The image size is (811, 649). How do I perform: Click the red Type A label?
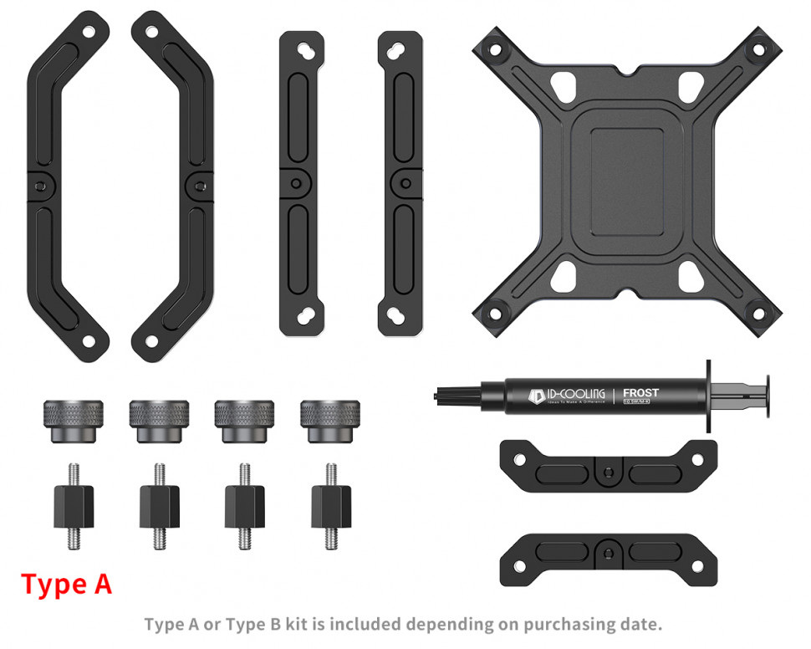pos(66,584)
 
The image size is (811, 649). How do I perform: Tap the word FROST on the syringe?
pos(640,392)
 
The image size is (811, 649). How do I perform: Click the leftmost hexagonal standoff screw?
pos(74,505)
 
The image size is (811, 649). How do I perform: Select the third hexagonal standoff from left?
pos(245,505)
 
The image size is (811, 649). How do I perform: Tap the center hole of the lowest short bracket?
pos(604,552)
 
